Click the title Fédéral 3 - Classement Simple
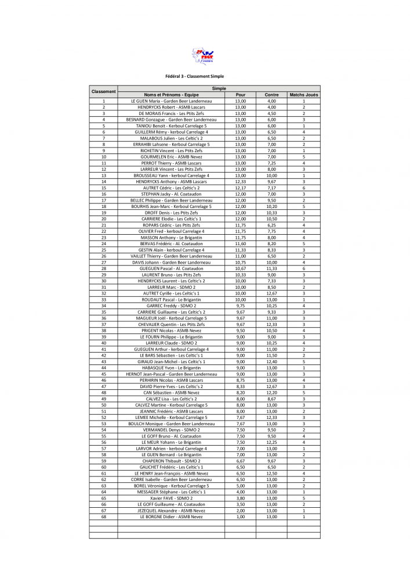194,76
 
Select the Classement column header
103,91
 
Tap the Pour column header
240,95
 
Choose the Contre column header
271,95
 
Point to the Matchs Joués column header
303,95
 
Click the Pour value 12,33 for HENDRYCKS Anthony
240,181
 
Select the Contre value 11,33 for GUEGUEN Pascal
271,268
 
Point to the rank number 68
103,517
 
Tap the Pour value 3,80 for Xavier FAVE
240,498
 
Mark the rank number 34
103,306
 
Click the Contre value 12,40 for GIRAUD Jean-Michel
271,361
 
